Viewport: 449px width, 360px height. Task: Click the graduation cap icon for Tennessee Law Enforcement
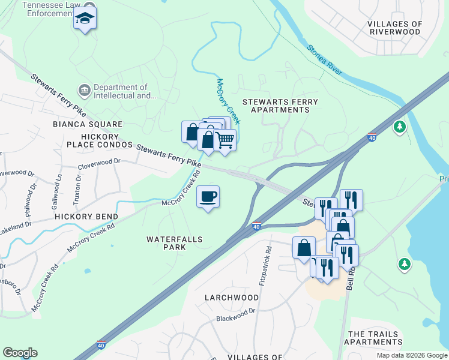(x=85, y=20)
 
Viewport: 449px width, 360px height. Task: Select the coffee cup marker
(x=208, y=197)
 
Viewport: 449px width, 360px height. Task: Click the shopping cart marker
(x=224, y=140)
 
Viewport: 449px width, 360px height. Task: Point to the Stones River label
(x=325, y=60)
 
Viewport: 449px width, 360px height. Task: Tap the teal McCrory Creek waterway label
(x=229, y=101)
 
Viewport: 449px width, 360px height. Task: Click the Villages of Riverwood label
(x=395, y=28)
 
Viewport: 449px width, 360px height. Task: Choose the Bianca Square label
(x=88, y=124)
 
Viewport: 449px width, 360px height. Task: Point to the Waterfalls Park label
(x=175, y=243)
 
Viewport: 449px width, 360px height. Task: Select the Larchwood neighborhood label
(x=231, y=298)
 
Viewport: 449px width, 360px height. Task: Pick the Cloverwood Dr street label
(x=99, y=162)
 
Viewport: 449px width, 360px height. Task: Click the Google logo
(x=20, y=353)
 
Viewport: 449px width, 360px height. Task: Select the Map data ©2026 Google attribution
(x=411, y=355)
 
